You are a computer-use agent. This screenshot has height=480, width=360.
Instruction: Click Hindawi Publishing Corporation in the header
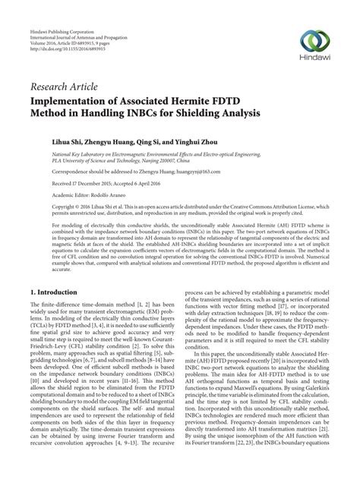click(x=59, y=8)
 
